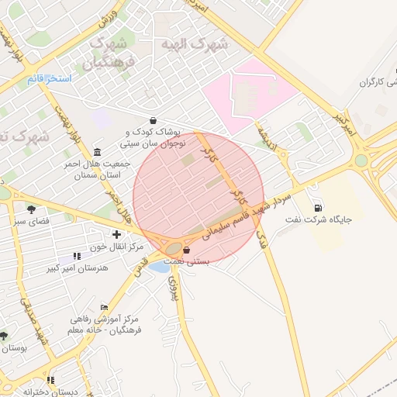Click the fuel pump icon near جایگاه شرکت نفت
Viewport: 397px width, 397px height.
click(x=317, y=208)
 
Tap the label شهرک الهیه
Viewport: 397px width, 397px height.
click(x=193, y=45)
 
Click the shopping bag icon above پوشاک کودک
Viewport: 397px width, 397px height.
click(x=153, y=121)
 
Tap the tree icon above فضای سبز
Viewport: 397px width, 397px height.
click(x=31, y=209)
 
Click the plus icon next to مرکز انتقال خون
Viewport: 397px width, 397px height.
click(x=116, y=234)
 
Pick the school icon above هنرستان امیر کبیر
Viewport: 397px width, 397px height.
click(x=76, y=255)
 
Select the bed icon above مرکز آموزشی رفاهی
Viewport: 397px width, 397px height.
click(x=104, y=308)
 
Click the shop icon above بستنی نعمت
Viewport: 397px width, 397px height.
click(x=187, y=250)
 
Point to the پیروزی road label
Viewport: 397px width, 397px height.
click(x=173, y=287)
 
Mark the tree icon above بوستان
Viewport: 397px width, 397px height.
click(x=4, y=336)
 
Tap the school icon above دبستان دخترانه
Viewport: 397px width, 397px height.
click(x=51, y=380)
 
